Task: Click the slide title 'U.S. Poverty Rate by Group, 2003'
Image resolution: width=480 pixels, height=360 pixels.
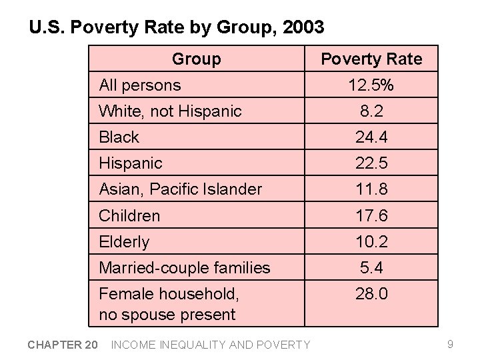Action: (x=177, y=27)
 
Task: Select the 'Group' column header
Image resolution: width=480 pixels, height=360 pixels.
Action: (x=196, y=59)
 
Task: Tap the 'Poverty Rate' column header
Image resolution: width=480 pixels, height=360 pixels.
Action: (x=371, y=59)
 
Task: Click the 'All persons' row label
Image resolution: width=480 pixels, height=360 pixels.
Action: (x=139, y=85)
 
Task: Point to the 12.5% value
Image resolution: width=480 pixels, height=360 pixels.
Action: (x=371, y=85)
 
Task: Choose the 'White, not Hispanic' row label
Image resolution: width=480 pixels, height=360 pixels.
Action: (x=170, y=111)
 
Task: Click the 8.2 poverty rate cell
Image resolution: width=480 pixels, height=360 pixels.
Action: (x=371, y=111)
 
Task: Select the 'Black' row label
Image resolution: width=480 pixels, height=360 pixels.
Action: (x=119, y=137)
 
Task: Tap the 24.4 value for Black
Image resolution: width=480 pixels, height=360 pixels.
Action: (x=371, y=137)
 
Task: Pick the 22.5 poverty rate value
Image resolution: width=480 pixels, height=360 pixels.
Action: (x=371, y=163)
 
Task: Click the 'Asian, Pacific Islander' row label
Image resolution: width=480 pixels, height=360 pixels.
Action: (x=180, y=189)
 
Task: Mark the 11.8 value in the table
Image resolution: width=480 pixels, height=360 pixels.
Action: (x=371, y=189)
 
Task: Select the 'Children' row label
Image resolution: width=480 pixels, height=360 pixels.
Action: (x=129, y=216)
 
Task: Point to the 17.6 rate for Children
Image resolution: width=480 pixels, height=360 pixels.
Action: (x=371, y=216)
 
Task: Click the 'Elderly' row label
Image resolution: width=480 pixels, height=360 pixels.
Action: (x=124, y=242)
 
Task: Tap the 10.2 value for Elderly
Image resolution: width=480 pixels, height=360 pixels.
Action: (x=371, y=242)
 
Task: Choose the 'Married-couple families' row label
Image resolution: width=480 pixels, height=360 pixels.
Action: (x=184, y=268)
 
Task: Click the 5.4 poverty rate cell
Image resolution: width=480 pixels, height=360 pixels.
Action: (x=371, y=268)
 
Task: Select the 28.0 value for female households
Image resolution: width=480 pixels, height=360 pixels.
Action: (x=371, y=294)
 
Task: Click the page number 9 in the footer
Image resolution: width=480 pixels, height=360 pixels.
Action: (x=451, y=344)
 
